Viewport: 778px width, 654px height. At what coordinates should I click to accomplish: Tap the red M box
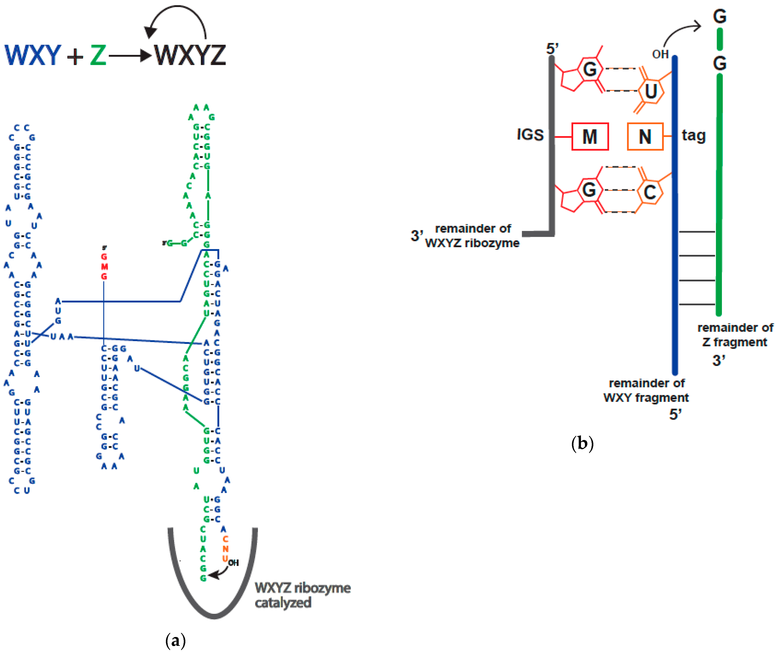click(590, 136)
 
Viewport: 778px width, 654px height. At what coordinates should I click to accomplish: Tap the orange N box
click(645, 136)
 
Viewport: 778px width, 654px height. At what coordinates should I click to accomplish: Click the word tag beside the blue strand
click(693, 136)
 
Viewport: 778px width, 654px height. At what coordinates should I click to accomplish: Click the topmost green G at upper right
click(719, 17)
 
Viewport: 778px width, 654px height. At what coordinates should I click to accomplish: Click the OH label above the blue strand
click(660, 55)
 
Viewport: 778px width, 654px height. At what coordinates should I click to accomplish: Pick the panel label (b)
click(582, 443)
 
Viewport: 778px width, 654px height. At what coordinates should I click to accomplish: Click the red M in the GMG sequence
click(104, 267)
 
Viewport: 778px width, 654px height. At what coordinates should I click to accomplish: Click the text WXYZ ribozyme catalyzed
click(302, 595)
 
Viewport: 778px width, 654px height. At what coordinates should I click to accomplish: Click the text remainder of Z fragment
click(735, 335)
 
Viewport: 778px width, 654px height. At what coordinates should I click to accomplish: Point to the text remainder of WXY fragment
click(646, 390)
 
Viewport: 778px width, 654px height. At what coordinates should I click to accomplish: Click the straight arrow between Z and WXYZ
click(130, 56)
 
